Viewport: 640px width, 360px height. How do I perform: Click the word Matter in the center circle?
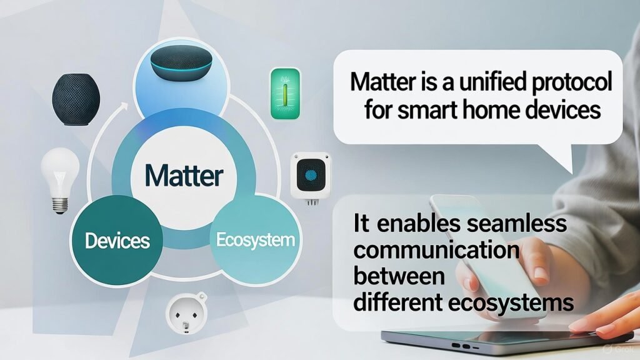pyautogui.click(x=184, y=176)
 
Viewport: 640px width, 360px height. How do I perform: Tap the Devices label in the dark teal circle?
pyautogui.click(x=117, y=241)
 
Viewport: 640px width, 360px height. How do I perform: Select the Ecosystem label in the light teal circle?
pyautogui.click(x=256, y=240)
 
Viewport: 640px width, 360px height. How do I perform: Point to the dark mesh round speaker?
pyautogui.click(x=76, y=99)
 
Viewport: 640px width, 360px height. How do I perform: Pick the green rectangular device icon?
pyautogui.click(x=285, y=94)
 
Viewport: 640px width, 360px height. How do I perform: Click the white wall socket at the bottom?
pyautogui.click(x=186, y=314)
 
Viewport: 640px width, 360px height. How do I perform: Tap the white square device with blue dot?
pyautogui.click(x=311, y=177)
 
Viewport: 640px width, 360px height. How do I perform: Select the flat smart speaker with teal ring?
pyautogui.click(x=181, y=63)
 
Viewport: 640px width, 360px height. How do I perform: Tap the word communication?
pyautogui.click(x=436, y=249)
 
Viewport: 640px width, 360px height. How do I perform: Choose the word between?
pyautogui.click(x=399, y=275)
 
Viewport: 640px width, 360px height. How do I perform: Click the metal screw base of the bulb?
pyautogui.click(x=60, y=206)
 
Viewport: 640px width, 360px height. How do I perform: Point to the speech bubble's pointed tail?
pyautogui.click(x=566, y=161)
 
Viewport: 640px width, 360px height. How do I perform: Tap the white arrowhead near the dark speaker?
pyautogui.click(x=123, y=107)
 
